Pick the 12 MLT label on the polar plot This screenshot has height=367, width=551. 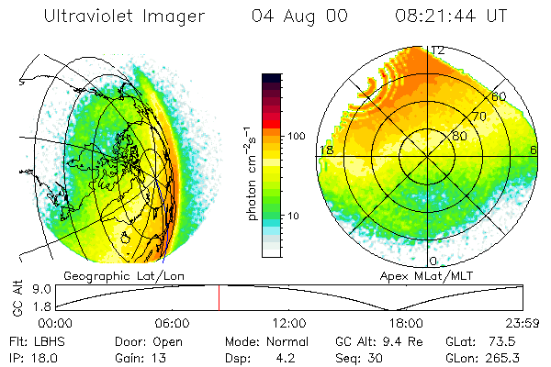point(438,50)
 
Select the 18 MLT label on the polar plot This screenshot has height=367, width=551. point(324,150)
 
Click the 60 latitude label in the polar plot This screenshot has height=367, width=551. point(499,96)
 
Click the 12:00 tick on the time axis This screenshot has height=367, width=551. point(290,323)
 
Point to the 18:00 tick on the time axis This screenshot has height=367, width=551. point(407,323)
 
